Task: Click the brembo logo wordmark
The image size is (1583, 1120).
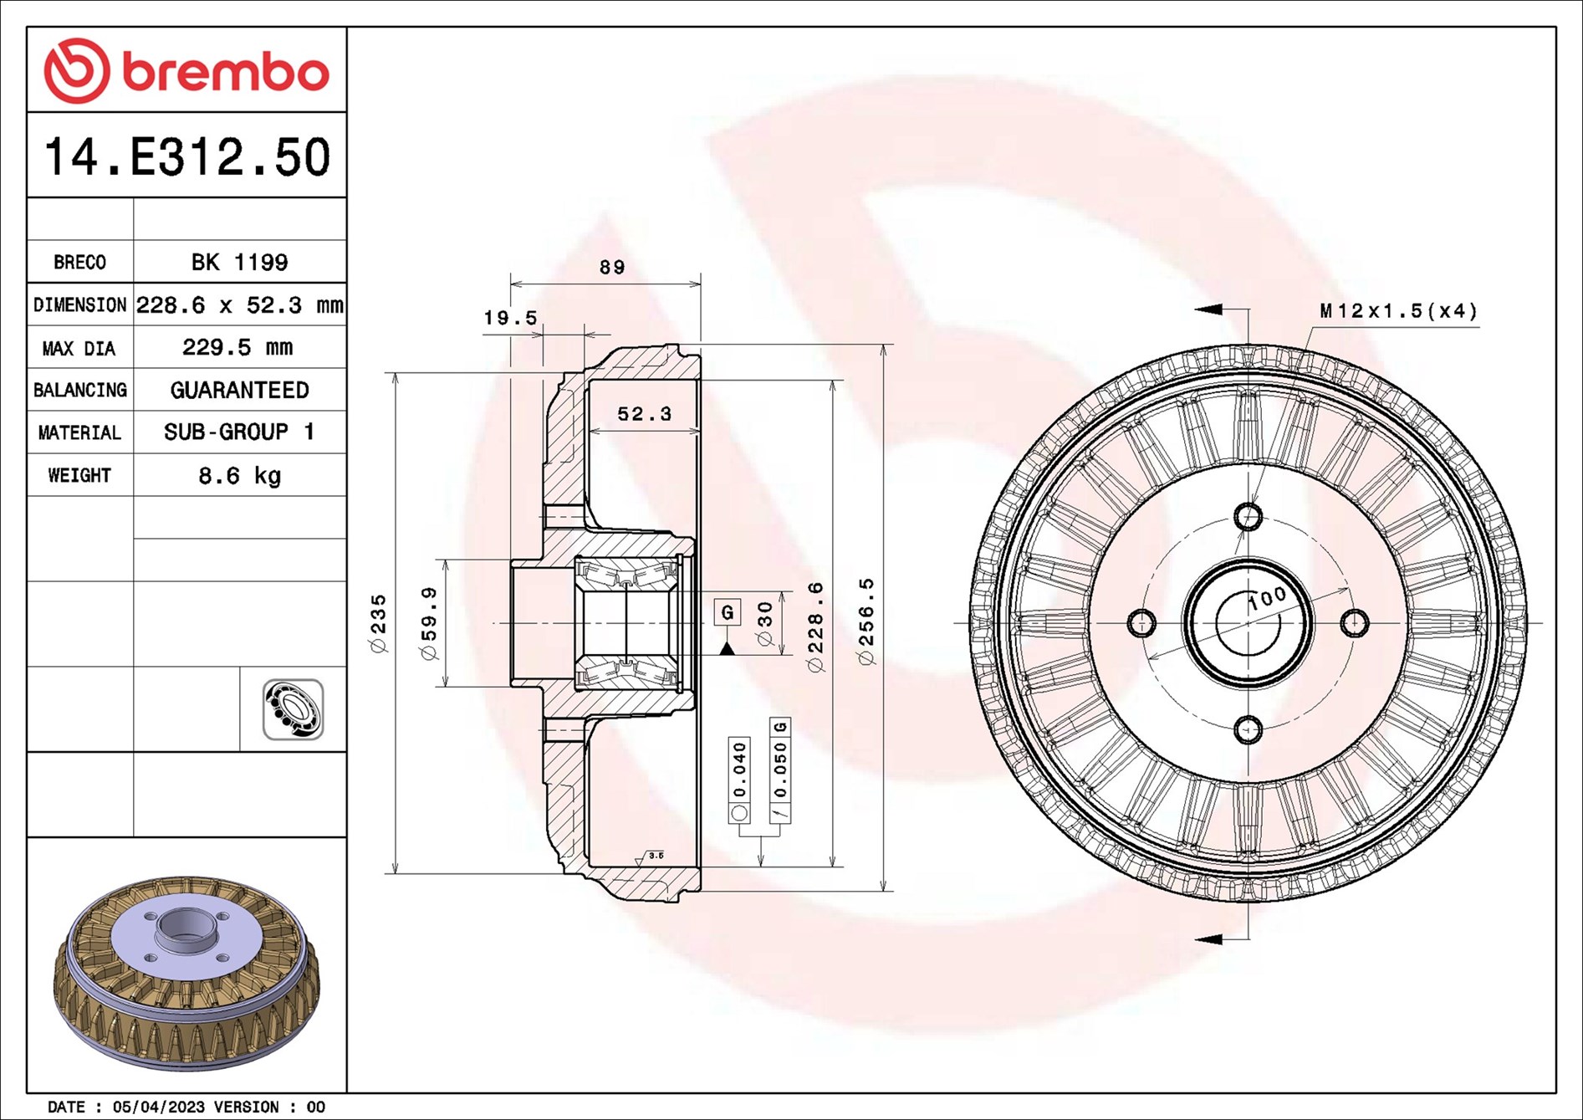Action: point(186,72)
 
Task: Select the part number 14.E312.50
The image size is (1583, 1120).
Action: point(186,157)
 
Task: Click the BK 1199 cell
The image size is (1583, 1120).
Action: point(239,263)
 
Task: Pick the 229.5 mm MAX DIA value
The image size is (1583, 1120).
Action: point(237,347)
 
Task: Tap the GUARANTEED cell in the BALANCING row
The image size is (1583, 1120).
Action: point(239,390)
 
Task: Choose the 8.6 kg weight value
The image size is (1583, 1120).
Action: point(239,476)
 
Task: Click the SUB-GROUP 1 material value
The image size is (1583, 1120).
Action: point(239,432)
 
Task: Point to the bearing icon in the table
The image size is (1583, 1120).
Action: point(293,709)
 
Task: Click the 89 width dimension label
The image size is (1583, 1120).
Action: point(612,268)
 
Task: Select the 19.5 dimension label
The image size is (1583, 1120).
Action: point(510,318)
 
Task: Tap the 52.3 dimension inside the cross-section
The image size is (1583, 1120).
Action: point(644,414)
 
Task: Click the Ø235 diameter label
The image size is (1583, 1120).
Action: point(379,623)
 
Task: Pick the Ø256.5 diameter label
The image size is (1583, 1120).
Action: point(866,621)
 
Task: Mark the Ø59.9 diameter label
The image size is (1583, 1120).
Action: point(429,623)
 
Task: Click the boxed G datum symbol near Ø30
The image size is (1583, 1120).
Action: point(728,612)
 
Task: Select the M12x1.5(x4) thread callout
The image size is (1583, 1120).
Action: point(1398,311)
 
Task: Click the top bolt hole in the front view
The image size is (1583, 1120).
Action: point(1249,517)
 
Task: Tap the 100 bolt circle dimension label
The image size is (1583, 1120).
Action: point(1268,599)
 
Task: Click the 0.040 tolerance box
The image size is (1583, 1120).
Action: point(739,770)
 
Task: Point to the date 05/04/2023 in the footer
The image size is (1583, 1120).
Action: point(158,1107)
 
